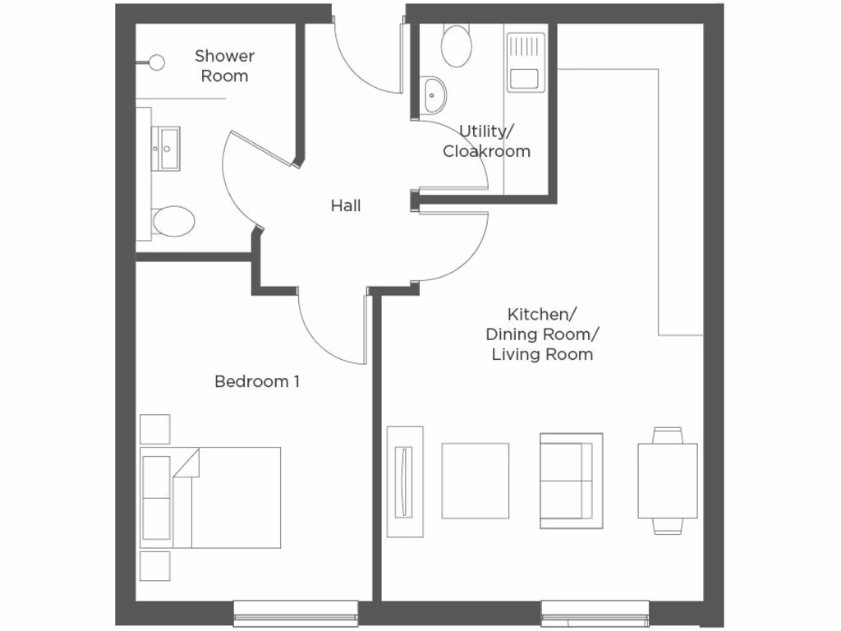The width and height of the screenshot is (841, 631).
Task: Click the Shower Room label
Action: [224, 66]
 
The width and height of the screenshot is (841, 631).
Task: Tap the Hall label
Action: [346, 205]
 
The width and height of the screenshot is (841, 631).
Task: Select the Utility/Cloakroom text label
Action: [486, 141]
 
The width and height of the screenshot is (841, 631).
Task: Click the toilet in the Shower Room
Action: [172, 221]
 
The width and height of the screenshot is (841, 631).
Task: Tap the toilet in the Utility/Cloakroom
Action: [456, 45]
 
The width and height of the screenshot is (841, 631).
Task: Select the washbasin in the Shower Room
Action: [169, 149]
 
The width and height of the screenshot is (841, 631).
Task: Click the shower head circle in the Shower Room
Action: [156, 62]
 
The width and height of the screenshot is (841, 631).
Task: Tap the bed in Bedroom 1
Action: [212, 497]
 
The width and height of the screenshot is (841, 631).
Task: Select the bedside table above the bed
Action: [155, 429]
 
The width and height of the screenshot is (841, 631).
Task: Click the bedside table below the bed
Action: [155, 566]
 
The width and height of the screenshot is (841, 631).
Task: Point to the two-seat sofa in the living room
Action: [571, 481]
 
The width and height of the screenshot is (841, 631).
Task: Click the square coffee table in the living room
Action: [476, 481]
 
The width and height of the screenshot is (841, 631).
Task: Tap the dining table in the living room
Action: [667, 481]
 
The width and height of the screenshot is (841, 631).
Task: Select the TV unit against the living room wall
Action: [405, 481]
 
